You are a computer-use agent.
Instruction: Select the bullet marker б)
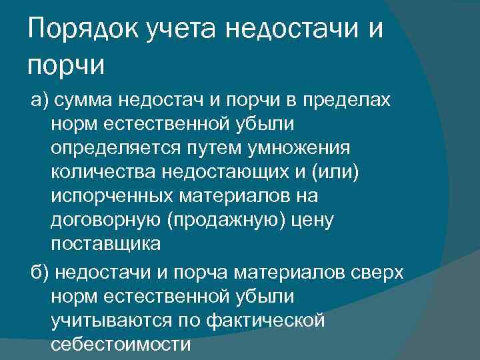click(x=39, y=273)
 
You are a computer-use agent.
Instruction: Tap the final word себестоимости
click(x=120, y=345)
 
